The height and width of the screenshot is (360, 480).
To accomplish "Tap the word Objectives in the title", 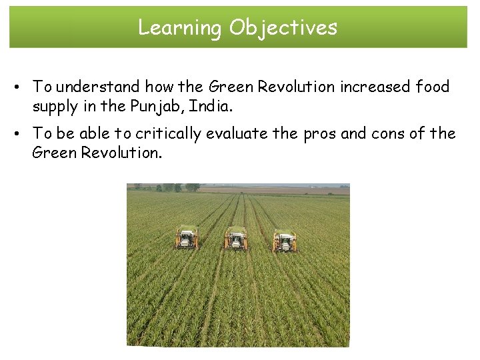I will (x=283, y=27).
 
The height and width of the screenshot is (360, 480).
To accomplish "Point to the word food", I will (x=433, y=87).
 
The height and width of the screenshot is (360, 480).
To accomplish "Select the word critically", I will (x=168, y=133).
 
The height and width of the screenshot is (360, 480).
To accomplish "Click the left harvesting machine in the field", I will (x=187, y=238).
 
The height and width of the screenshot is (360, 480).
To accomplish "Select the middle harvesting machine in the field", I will (x=235, y=239).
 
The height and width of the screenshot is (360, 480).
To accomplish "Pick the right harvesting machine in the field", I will (x=285, y=241).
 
